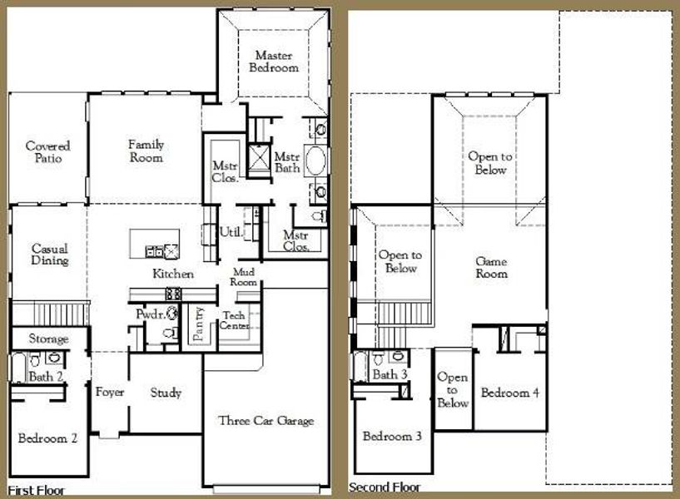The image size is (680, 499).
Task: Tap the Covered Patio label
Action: click(47, 151)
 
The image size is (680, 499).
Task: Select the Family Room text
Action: click(146, 151)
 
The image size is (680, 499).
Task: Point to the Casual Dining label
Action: click(49, 254)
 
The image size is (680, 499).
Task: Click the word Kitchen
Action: click(173, 274)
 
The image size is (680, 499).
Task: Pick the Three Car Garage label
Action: click(266, 421)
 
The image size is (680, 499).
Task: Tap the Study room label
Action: click(166, 393)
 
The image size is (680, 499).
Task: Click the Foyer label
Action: click(110, 393)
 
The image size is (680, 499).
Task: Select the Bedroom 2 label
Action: click(47, 438)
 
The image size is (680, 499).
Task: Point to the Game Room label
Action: click(491, 267)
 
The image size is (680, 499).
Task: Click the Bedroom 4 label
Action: click(509, 393)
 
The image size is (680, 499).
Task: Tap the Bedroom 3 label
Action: click(391, 437)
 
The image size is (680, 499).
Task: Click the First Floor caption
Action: click(37, 490)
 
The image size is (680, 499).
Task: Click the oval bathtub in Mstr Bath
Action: click(316, 161)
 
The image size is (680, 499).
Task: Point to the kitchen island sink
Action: click(155, 250)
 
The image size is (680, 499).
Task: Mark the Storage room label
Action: click(48, 339)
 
